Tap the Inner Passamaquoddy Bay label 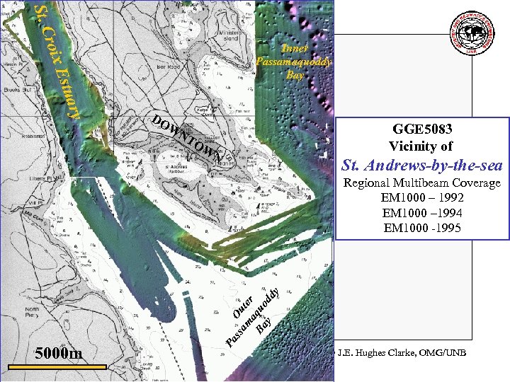coord(294,61)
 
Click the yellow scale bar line coord(57,367)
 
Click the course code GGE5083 coord(422,129)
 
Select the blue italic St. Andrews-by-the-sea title coord(422,166)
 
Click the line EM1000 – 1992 coord(422,197)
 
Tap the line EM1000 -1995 coord(422,228)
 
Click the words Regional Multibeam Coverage coord(422,183)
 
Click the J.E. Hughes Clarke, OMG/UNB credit coord(402,353)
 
